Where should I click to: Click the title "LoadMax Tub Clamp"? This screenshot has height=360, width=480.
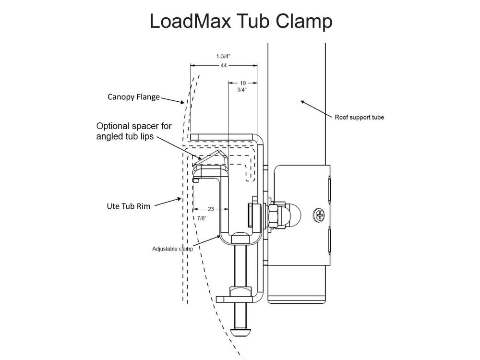tap(240, 22)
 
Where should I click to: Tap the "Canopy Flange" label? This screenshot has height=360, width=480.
tap(133, 97)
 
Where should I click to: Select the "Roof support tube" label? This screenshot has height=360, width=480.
tap(360, 117)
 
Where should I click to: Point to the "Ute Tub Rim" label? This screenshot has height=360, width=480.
tap(128, 206)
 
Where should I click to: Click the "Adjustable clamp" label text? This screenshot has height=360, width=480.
tap(172, 249)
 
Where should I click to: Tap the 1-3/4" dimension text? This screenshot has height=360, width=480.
tap(224, 56)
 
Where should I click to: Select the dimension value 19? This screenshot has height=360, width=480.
tap(243, 83)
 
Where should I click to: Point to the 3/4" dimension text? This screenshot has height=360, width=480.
tap(243, 89)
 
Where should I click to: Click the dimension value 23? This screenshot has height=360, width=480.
tap(211, 209)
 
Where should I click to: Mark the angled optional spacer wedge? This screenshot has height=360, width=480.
tap(211, 158)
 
